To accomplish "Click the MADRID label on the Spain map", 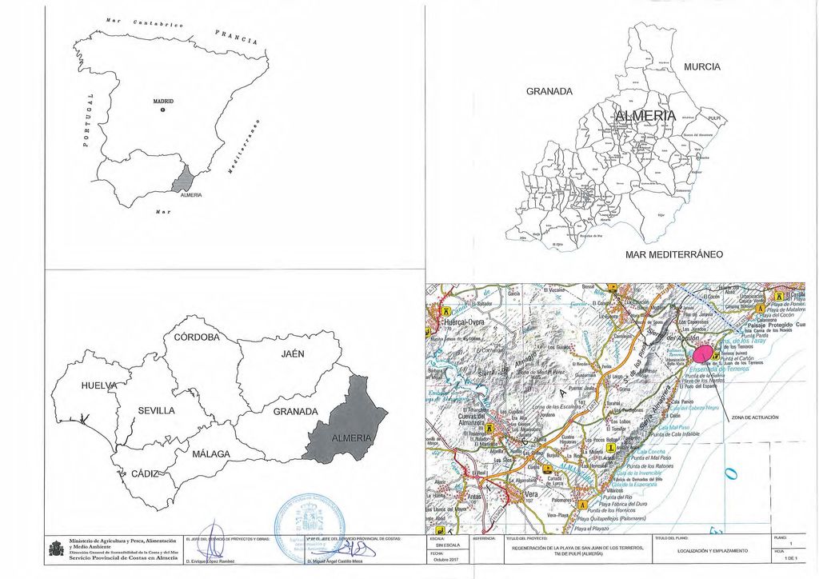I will point(163,102).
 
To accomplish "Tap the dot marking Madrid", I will point(162,110).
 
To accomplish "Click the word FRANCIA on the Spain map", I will point(236,36).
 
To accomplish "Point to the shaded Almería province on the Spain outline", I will point(185,180).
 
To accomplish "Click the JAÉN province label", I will point(292,353).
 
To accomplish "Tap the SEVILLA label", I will point(157,410).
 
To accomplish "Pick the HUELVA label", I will point(98,386).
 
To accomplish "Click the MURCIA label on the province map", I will point(702,66).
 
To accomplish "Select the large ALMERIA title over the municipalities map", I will point(645,118).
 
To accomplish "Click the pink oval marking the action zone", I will point(701,352).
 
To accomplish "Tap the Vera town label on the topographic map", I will point(530,495).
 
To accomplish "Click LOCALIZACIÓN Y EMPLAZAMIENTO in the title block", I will point(712,551).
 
